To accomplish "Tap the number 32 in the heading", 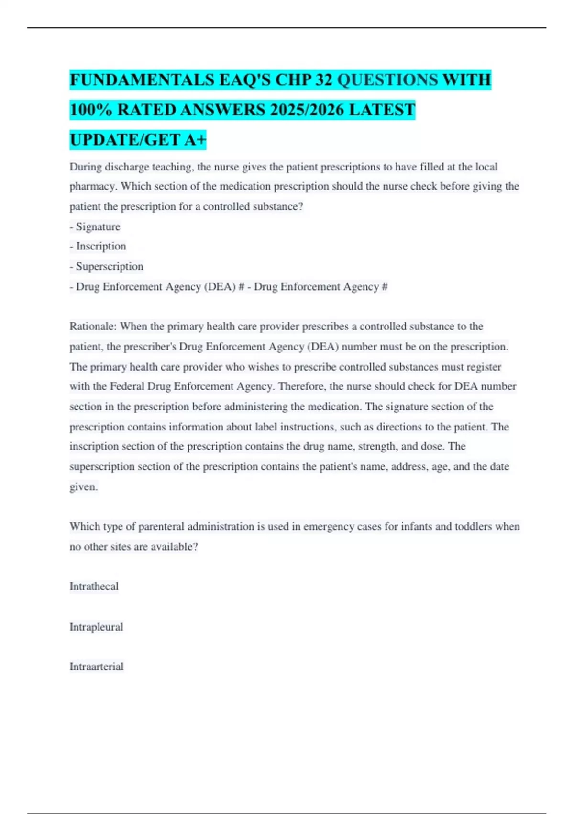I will pyautogui.click(x=324, y=80).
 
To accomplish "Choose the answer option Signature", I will pyautogui.click(x=98, y=227).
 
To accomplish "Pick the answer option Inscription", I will pyautogui.click(x=101, y=247).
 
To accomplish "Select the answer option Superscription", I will pyautogui.click(x=110, y=267).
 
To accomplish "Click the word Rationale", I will pyautogui.click(x=93, y=327).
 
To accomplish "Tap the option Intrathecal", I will pyautogui.click(x=94, y=587).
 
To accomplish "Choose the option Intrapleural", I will pyautogui.click(x=96, y=627).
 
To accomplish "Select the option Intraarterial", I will pyautogui.click(x=97, y=667).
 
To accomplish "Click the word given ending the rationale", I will pyautogui.click(x=83, y=487).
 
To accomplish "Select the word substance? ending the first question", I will pyautogui.click(x=278, y=207).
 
